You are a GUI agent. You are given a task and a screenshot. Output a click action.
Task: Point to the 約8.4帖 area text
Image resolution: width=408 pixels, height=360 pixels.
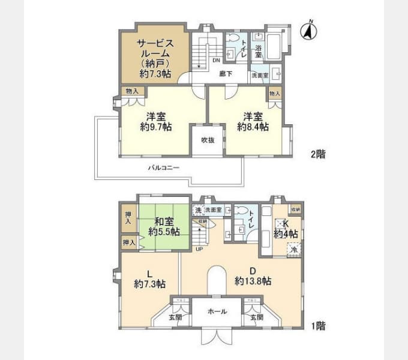(x=252, y=127)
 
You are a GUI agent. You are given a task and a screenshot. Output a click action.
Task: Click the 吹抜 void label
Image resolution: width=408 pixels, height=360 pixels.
(x=208, y=140)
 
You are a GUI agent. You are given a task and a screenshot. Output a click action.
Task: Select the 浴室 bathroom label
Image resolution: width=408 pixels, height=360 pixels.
(x=259, y=51)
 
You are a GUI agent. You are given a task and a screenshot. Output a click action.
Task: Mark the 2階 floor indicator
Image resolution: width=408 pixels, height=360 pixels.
(x=318, y=154)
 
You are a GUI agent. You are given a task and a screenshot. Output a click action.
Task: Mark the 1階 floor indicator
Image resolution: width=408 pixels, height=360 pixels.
(x=318, y=327)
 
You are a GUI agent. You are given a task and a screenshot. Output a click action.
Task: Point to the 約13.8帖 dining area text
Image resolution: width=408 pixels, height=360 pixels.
(x=253, y=281)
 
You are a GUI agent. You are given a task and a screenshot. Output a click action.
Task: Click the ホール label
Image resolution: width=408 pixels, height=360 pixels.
(x=217, y=312)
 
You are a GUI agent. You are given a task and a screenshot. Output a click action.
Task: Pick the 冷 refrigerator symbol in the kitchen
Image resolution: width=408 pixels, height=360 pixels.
(x=294, y=248)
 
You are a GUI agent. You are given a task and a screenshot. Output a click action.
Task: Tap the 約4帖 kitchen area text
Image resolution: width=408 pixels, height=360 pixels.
(x=286, y=233)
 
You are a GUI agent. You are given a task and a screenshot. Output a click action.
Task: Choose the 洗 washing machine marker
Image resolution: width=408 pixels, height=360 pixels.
(x=197, y=210)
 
